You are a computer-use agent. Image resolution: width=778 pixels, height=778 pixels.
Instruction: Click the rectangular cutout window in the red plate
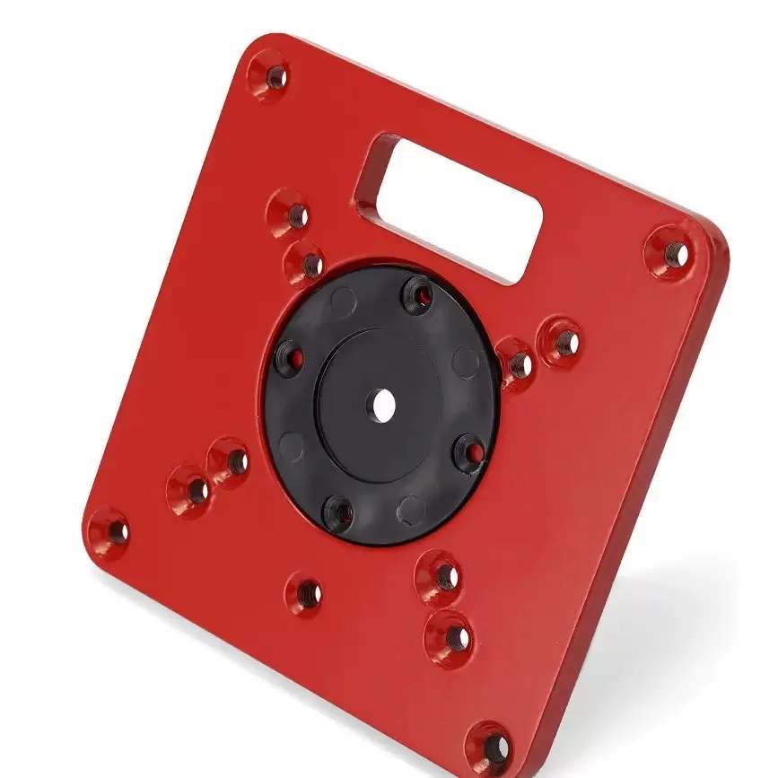point(449,207)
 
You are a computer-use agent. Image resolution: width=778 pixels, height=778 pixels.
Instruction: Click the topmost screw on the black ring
point(418,293)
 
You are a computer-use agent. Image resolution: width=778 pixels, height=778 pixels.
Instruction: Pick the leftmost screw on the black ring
point(287,358)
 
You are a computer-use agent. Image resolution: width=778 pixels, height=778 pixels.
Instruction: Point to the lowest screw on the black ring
point(339,511)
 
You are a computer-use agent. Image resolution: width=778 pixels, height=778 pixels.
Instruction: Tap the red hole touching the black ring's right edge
point(517,363)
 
